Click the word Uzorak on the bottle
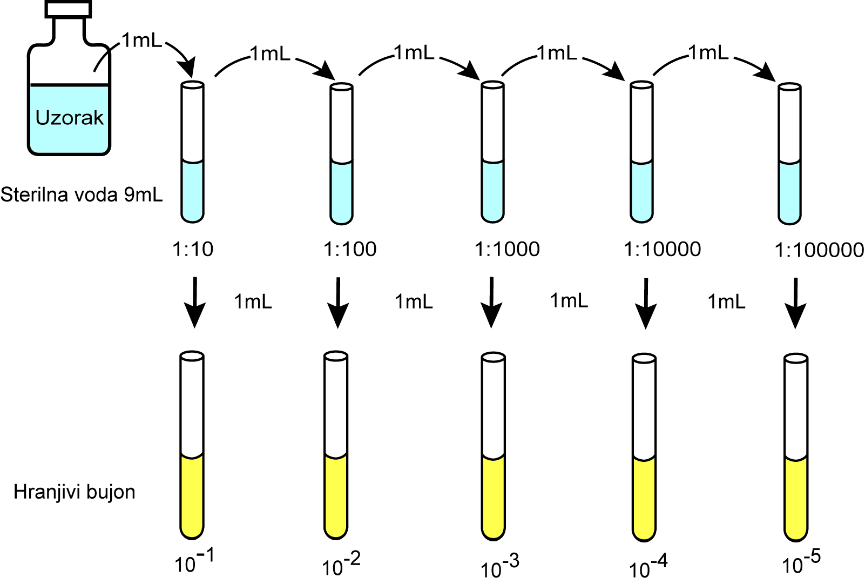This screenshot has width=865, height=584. (69, 118)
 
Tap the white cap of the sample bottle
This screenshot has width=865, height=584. (69, 9)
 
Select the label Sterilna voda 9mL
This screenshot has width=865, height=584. (82, 194)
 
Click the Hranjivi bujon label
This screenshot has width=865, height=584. (75, 492)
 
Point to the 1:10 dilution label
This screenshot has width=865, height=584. (193, 249)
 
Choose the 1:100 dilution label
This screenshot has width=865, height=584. (350, 249)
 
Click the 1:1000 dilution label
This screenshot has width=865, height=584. (507, 249)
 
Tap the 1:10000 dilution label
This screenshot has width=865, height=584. (662, 249)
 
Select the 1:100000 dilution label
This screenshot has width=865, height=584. (819, 250)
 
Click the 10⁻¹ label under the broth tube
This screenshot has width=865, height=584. (194, 562)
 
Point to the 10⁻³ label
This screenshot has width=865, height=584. (499, 566)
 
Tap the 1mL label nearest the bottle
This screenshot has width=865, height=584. (141, 41)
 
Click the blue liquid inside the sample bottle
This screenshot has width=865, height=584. (69, 135)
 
